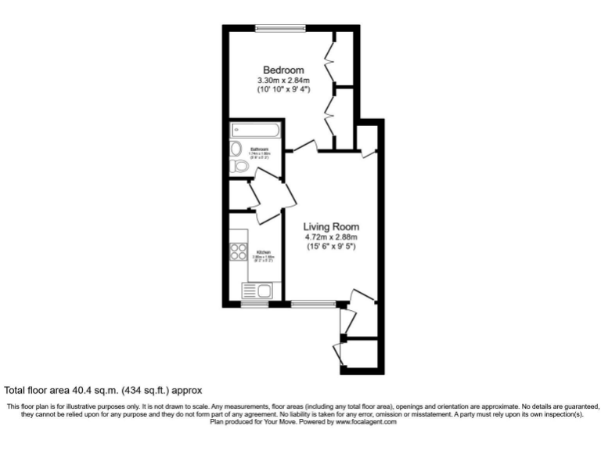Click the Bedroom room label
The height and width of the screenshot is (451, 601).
283,70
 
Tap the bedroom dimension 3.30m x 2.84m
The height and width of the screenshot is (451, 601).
283,80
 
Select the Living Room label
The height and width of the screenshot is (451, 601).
332,226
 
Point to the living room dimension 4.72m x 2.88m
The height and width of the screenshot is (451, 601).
332,236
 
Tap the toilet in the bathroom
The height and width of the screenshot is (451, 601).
240,165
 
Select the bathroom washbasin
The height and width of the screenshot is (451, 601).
236,148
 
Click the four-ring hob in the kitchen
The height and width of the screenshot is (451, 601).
239,252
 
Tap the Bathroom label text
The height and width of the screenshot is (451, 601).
260,149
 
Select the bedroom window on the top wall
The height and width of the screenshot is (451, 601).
279,28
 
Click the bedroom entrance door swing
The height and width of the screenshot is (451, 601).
305,146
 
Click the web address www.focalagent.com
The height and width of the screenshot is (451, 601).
366,422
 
